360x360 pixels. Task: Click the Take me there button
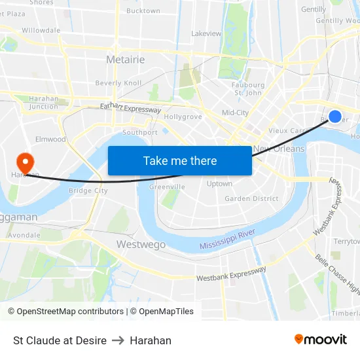pyautogui.click(x=180, y=160)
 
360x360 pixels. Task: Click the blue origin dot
pyautogui.click(x=334, y=117)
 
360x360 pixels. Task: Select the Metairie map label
pyautogui.click(x=125, y=60)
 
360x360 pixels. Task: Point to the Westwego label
pyautogui.click(x=141, y=244)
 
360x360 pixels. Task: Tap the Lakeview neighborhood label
pyautogui.click(x=206, y=33)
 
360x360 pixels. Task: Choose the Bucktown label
pyautogui.click(x=143, y=11)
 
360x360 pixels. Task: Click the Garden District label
pyautogui.click(x=251, y=198)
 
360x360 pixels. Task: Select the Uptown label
pyautogui.click(x=219, y=184)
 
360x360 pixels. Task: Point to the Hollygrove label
pyautogui.click(x=183, y=117)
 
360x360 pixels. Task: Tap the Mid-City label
pyautogui.click(x=235, y=113)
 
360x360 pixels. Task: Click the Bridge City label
pyautogui.click(x=88, y=190)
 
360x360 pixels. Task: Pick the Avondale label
pyautogui.click(x=24, y=235)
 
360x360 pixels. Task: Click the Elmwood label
pyautogui.click(x=50, y=139)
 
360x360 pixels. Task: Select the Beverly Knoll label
pyautogui.click(x=118, y=83)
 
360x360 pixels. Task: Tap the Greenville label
pyautogui.click(x=167, y=187)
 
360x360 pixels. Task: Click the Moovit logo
pyautogui.click(x=321, y=340)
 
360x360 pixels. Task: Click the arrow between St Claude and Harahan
pyautogui.click(x=118, y=340)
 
